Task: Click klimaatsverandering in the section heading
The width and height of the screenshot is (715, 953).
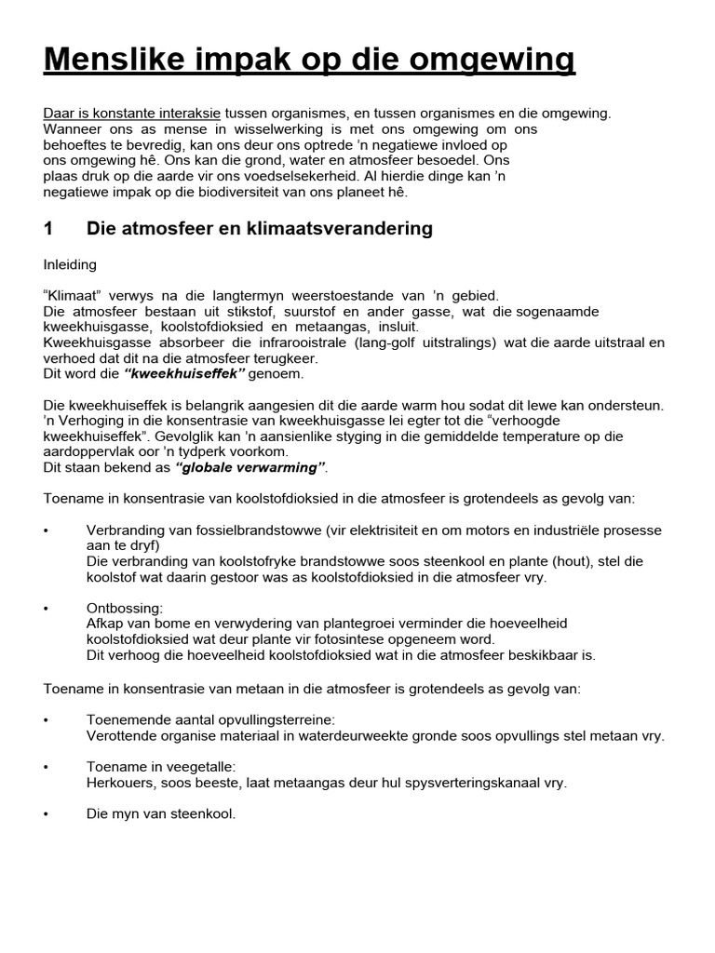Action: coord(343,228)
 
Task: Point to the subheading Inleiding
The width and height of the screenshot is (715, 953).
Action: coord(69,264)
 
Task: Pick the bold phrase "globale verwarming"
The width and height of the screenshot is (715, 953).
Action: coord(251,466)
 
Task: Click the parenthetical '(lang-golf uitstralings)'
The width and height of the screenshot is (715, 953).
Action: coord(459,342)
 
